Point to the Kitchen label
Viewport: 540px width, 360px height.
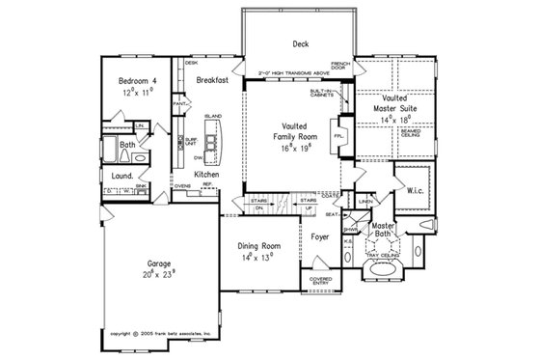pyautogui.click(x=210, y=174)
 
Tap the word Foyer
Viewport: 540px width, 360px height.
pyautogui.click(x=321, y=235)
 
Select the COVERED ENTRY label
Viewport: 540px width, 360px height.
pyautogui.click(x=321, y=281)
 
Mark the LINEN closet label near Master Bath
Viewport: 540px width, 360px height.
pyautogui.click(x=364, y=201)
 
